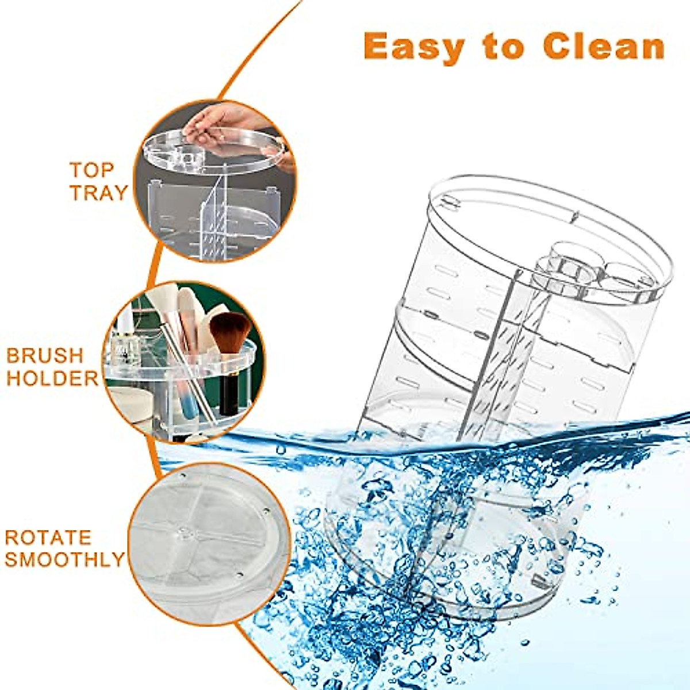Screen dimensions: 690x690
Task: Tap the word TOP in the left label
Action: tap(92, 170)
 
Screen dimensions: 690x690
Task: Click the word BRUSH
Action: tap(45, 355)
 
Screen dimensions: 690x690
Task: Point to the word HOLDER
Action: tap(52, 378)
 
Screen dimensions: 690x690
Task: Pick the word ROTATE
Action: tap(48, 538)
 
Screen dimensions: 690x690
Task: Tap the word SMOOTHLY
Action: tap(64, 559)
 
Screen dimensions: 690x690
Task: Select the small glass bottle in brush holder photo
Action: tap(125, 348)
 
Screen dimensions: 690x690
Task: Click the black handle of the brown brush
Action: tap(229, 391)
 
